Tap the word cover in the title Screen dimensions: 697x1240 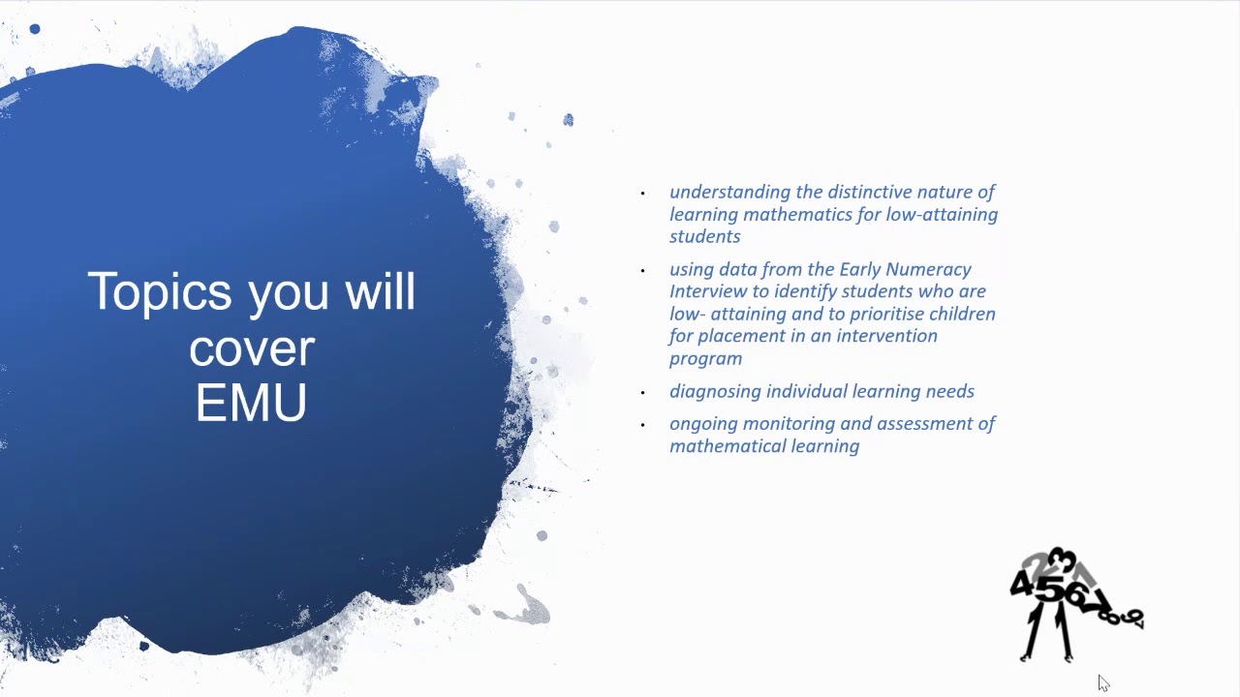tap(252, 348)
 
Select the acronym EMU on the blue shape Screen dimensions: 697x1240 tap(251, 403)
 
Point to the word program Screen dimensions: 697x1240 tap(705, 358)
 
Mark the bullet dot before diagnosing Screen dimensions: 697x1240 tap(642, 393)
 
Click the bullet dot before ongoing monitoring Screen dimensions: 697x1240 tap(642, 425)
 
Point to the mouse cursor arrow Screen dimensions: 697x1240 tap(1102, 682)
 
